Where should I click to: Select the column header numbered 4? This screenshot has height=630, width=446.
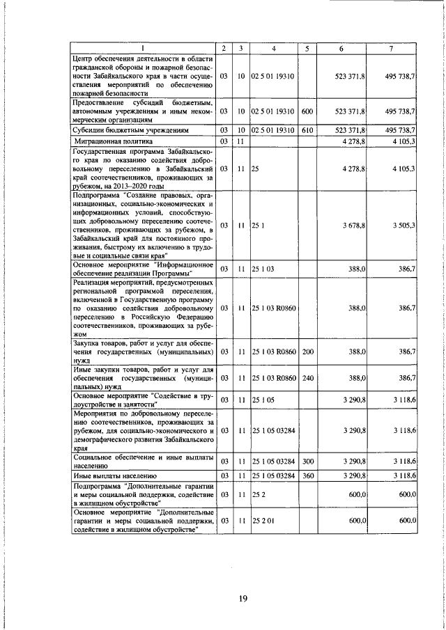pyautogui.click(x=274, y=49)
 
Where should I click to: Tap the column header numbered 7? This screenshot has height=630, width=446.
pyautogui.click(x=392, y=49)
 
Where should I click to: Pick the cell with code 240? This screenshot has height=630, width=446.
pyautogui.click(x=308, y=378)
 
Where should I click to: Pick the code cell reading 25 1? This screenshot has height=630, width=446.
pyautogui.click(x=257, y=226)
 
